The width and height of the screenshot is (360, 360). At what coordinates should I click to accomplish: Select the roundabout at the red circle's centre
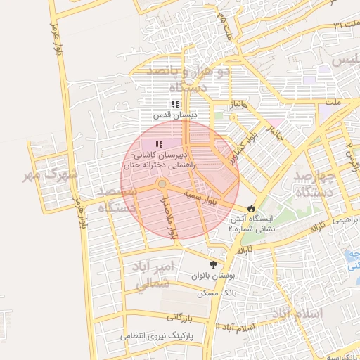click(162, 184)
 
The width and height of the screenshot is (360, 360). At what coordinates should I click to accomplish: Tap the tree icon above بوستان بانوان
click(213, 264)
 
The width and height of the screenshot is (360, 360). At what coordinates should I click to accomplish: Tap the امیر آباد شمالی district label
click(152, 275)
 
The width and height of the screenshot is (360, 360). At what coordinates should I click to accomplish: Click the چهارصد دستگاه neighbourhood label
click(316, 184)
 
